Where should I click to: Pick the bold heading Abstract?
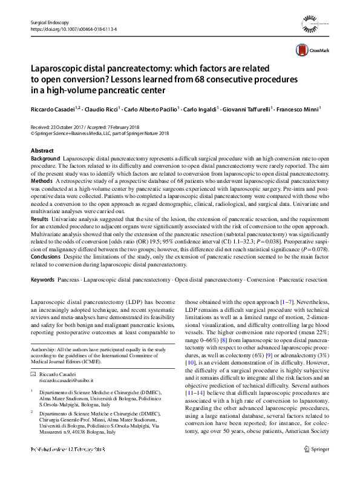[x=42, y=150]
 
